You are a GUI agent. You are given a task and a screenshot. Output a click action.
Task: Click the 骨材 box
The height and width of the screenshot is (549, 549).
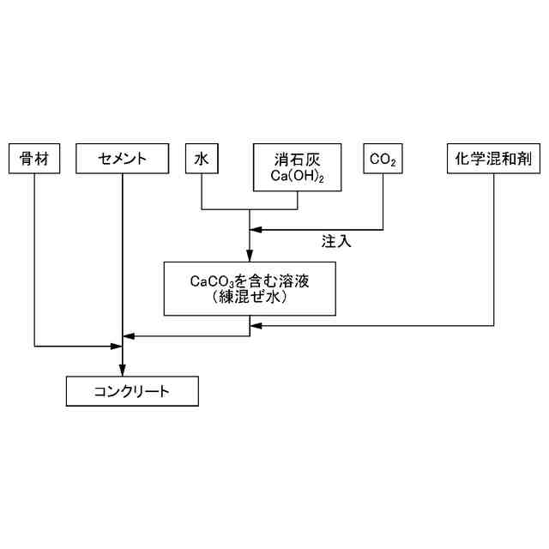[x=34, y=159]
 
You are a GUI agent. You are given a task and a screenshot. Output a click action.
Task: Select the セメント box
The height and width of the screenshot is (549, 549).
[x=123, y=159]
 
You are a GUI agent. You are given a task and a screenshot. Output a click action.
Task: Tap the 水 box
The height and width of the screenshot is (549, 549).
[x=202, y=159]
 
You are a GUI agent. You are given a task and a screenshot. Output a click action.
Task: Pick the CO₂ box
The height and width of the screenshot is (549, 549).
[x=383, y=159]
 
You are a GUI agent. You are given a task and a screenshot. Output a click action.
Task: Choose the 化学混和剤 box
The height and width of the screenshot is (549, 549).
[x=494, y=159]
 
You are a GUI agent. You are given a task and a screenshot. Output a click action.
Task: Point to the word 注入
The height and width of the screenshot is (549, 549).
[x=336, y=241]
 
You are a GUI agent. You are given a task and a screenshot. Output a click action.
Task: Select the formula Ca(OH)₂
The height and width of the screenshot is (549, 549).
[x=298, y=176]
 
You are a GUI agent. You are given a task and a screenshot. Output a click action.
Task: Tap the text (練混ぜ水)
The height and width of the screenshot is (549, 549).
[x=250, y=298]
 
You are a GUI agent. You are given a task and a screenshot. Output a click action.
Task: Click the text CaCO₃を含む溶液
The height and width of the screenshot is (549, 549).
[x=250, y=281]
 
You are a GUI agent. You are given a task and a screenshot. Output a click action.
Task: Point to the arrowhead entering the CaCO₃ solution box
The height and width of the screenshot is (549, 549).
[x=250, y=256]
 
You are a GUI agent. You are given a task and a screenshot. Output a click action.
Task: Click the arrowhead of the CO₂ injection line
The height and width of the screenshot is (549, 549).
[x=255, y=230]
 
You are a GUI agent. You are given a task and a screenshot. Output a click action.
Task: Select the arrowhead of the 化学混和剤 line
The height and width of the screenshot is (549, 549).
[x=255, y=325]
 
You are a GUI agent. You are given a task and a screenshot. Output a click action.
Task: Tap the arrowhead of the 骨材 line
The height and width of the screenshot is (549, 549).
[x=118, y=347]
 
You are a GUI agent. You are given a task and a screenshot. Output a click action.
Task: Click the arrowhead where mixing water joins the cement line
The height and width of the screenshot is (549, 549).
[x=128, y=335]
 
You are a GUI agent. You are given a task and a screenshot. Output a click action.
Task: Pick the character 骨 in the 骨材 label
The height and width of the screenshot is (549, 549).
[x=27, y=159]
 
